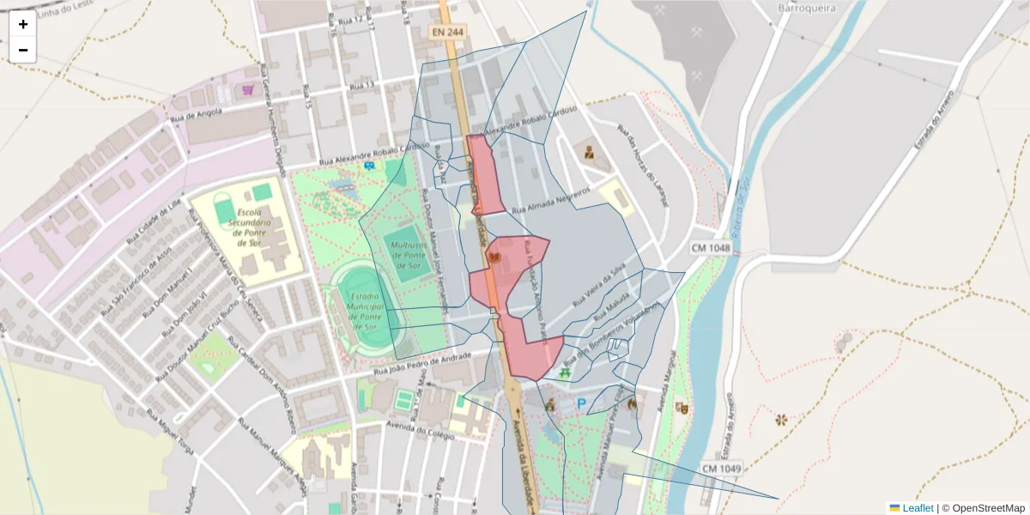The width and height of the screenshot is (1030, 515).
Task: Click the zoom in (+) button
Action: (23, 24)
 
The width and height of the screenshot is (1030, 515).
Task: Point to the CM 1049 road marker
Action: (721, 469)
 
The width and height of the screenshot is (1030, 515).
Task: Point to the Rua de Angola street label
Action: (197, 113)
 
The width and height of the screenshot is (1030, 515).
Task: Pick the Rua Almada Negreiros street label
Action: (551, 202)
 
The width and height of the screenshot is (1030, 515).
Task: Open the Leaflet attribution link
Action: (917, 508)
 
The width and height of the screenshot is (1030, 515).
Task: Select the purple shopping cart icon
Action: (248, 89)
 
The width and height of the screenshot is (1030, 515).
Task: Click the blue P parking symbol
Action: (581, 404)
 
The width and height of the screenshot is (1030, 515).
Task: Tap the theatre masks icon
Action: (682, 409)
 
